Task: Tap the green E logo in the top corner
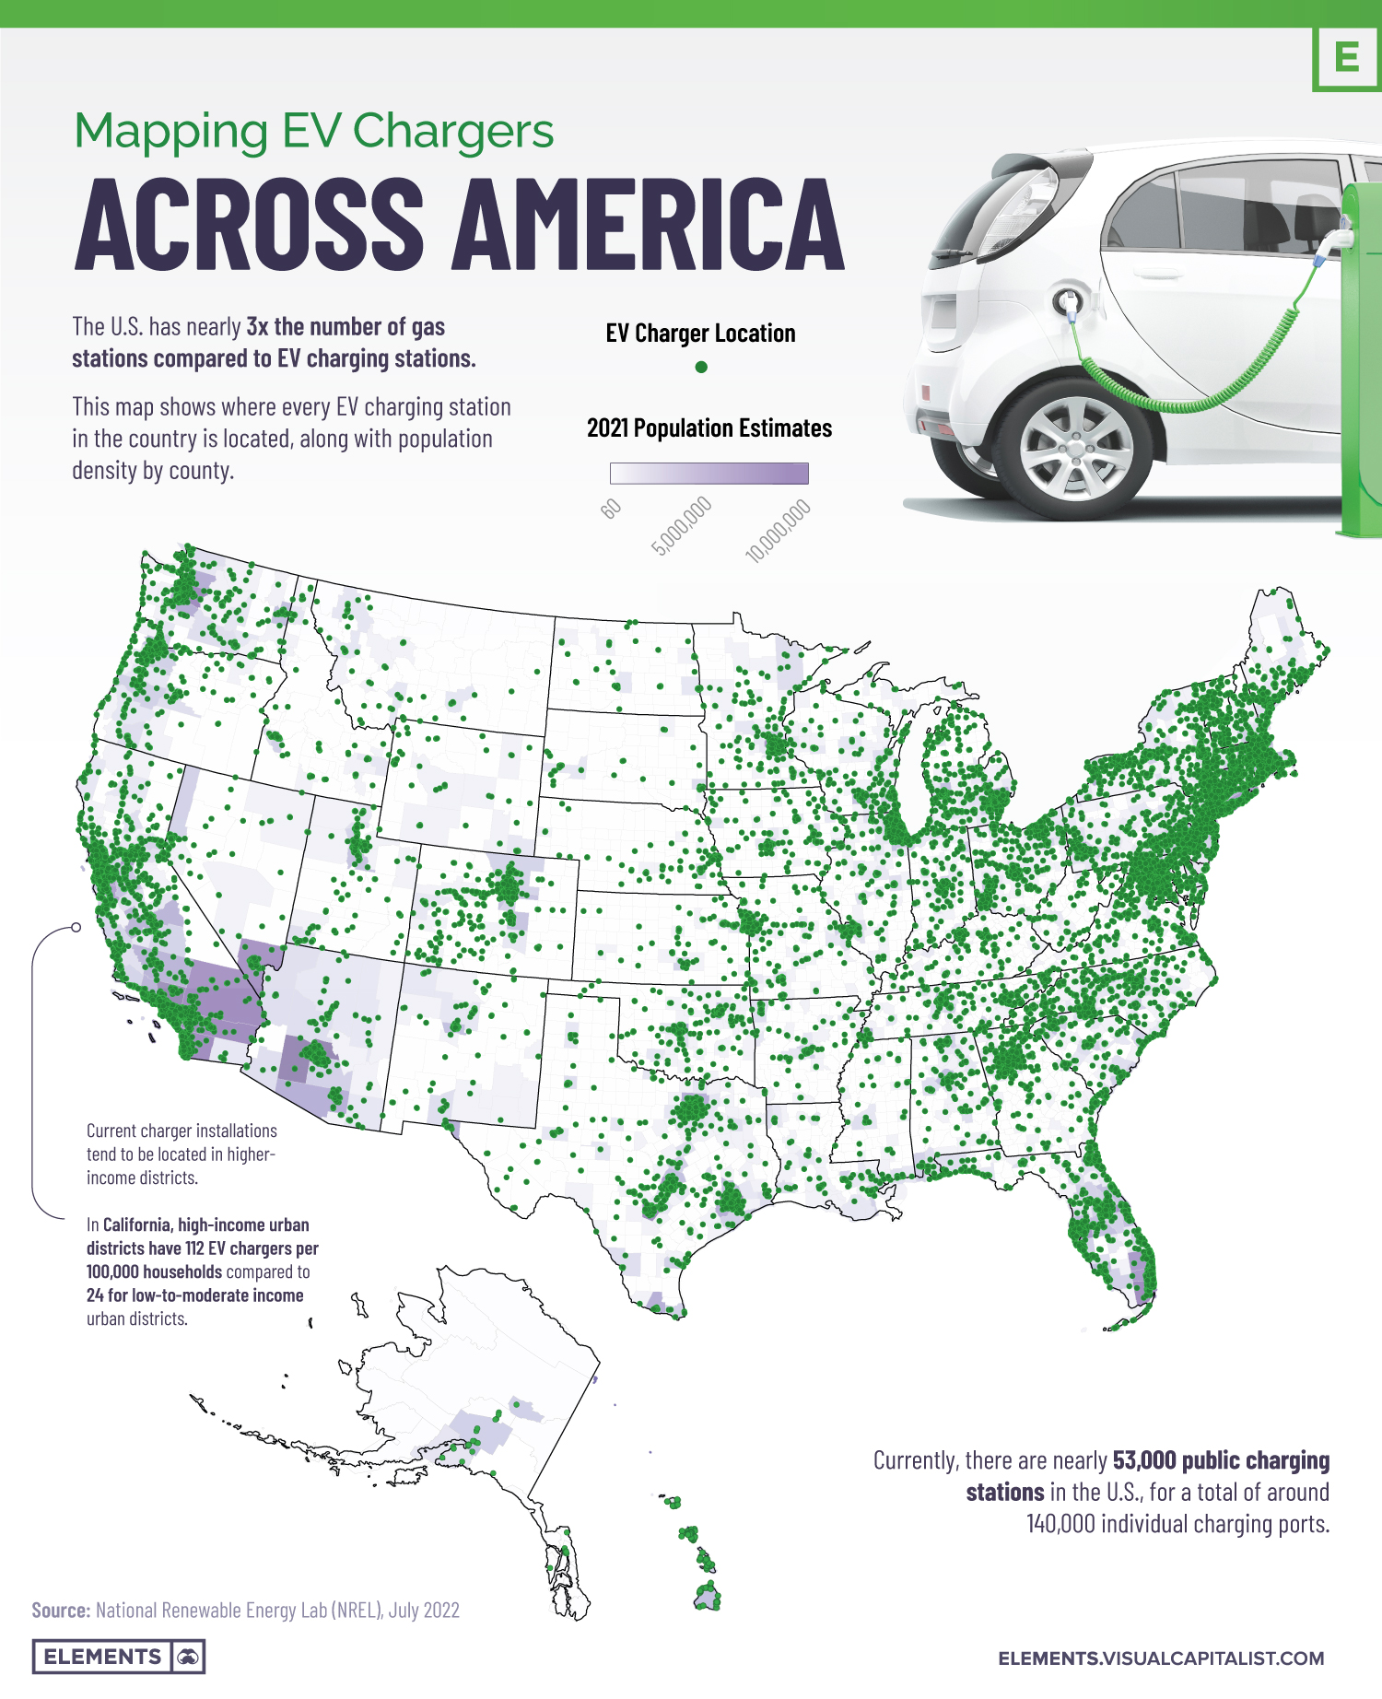[x=1347, y=58]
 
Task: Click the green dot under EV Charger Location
[x=701, y=367]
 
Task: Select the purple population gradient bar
[x=709, y=474]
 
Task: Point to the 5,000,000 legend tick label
[x=682, y=525]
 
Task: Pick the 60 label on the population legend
[x=611, y=509]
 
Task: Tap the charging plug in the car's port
[x=1069, y=301]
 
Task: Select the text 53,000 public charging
[x=1221, y=1460]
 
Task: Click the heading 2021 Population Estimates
[x=709, y=428]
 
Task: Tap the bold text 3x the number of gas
[x=345, y=327]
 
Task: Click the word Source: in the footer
[x=61, y=1610]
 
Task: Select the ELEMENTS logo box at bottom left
[x=118, y=1656]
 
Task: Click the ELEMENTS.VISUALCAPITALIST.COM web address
[x=1161, y=1658]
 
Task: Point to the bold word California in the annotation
[x=136, y=1224]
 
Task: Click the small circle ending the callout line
[x=76, y=927]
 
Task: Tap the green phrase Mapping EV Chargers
[x=313, y=131]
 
